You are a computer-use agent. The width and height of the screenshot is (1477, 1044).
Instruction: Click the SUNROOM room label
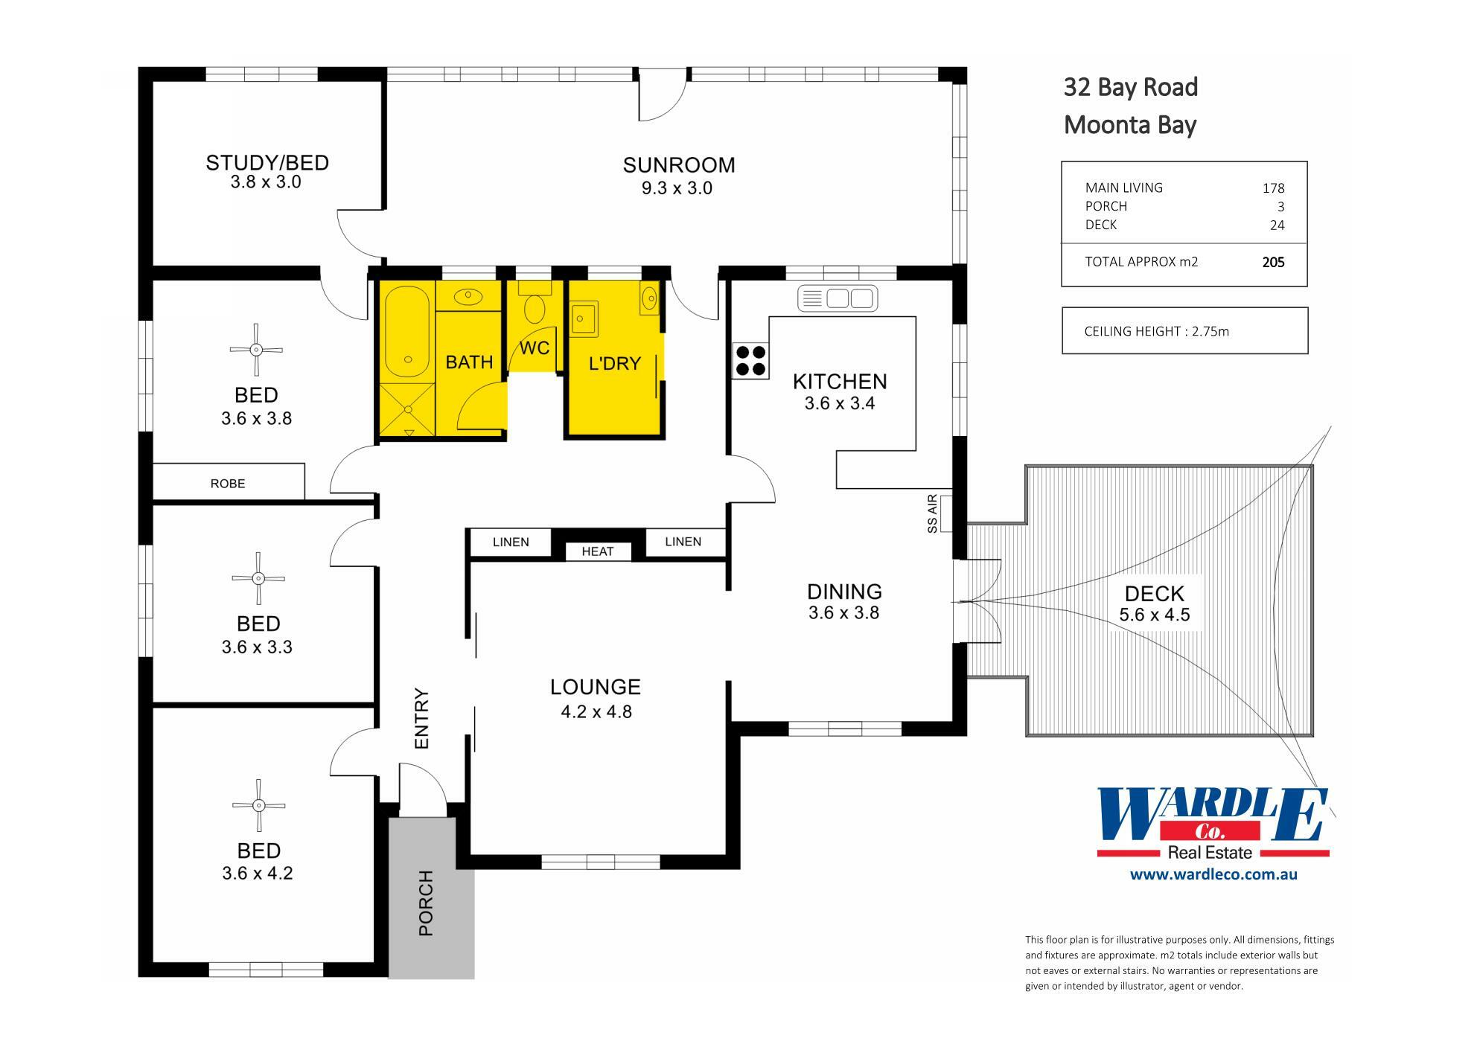tap(678, 165)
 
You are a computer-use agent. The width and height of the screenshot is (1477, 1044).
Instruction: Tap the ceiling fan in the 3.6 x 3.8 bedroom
tap(256, 350)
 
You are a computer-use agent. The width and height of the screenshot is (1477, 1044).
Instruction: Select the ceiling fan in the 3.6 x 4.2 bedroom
tap(258, 805)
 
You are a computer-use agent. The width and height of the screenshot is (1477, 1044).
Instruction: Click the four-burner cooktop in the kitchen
tap(750, 360)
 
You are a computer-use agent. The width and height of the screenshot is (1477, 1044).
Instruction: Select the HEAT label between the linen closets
tap(597, 551)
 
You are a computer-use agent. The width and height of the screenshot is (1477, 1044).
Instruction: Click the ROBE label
tap(228, 484)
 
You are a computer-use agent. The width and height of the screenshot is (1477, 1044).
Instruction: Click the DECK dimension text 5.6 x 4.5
tap(1154, 615)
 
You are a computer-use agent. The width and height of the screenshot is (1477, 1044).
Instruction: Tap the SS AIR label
tap(932, 514)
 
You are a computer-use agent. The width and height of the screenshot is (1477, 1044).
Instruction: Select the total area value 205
tap(1273, 262)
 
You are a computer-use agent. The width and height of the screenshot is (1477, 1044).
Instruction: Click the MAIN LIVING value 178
tap(1273, 188)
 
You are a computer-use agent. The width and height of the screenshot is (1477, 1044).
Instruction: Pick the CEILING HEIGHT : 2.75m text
tap(1156, 331)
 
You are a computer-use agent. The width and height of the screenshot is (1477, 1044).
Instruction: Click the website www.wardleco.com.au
tap(1213, 874)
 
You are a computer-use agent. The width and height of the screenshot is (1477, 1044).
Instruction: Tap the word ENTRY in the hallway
tap(422, 718)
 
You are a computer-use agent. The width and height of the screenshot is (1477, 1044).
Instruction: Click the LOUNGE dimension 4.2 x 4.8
tap(596, 712)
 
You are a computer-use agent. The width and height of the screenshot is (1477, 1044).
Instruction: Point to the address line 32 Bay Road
tap(1130, 88)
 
